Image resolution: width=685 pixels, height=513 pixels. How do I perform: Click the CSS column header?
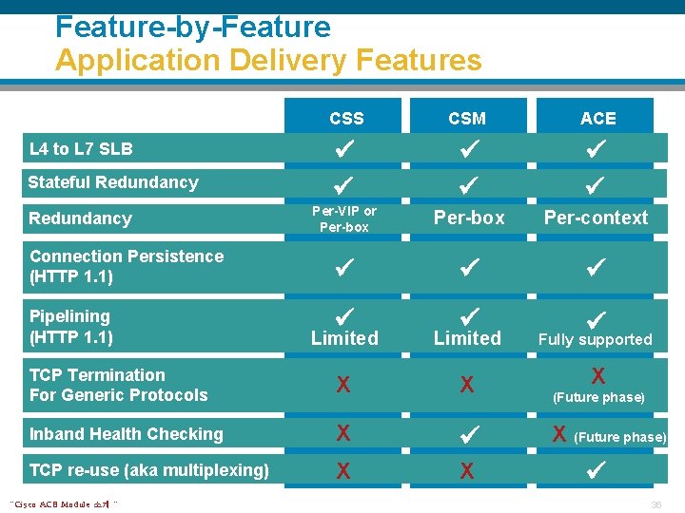pyautogui.click(x=346, y=119)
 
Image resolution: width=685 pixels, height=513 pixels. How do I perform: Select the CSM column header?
pyautogui.click(x=467, y=119)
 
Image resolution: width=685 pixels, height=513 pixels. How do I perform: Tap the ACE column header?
pyautogui.click(x=598, y=119)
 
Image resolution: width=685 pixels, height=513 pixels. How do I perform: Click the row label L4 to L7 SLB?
pyautogui.click(x=81, y=149)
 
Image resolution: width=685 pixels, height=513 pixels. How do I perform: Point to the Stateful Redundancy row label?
pyautogui.click(x=113, y=182)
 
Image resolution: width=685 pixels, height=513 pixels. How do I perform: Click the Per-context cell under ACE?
pyautogui.click(x=596, y=218)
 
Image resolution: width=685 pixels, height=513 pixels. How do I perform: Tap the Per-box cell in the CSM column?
pyautogui.click(x=469, y=218)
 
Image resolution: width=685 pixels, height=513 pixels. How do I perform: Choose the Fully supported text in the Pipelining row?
pyautogui.click(x=596, y=339)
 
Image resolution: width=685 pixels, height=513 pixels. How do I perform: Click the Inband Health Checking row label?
pyautogui.click(x=126, y=434)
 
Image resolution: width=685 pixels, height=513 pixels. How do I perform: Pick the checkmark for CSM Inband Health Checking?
pyautogui.click(x=467, y=434)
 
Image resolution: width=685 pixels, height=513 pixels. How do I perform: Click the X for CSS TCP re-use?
pyautogui.click(x=343, y=470)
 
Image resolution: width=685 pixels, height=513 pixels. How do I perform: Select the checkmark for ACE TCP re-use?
pyautogui.click(x=597, y=469)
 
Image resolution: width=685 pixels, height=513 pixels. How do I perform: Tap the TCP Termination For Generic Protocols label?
pyautogui.click(x=118, y=385)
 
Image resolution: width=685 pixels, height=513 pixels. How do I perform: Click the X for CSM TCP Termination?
pyautogui.click(x=467, y=385)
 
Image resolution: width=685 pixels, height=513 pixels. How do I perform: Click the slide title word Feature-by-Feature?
pyautogui.click(x=193, y=27)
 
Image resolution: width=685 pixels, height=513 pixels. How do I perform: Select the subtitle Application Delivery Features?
pyautogui.click(x=268, y=61)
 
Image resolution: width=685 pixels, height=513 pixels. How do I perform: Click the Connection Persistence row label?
pyautogui.click(x=127, y=266)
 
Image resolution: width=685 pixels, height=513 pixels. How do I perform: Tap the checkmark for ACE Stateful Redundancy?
pyautogui.click(x=597, y=182)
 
